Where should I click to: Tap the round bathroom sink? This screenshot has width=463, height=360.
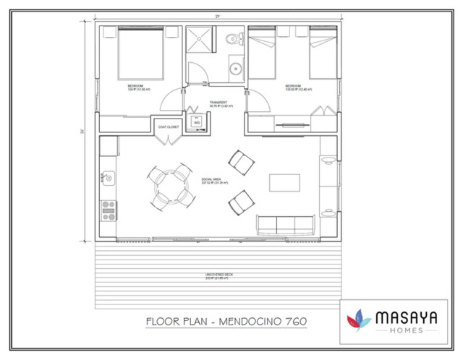[x=235, y=70]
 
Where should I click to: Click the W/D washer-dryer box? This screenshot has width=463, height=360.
[x=196, y=124]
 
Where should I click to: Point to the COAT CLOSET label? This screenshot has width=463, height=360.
[x=169, y=127]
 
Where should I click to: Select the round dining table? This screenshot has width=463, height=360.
[x=170, y=187]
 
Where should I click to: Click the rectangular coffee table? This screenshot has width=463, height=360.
[x=284, y=182]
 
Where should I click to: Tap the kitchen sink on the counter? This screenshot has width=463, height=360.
[x=108, y=176]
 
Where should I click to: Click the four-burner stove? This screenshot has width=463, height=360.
[x=109, y=210]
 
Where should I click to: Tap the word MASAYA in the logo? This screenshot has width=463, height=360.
[x=406, y=317]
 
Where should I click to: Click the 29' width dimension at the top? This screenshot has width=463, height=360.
[x=218, y=15]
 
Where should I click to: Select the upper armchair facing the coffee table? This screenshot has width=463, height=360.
[x=241, y=162]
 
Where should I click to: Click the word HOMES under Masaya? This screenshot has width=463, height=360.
[x=406, y=330]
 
